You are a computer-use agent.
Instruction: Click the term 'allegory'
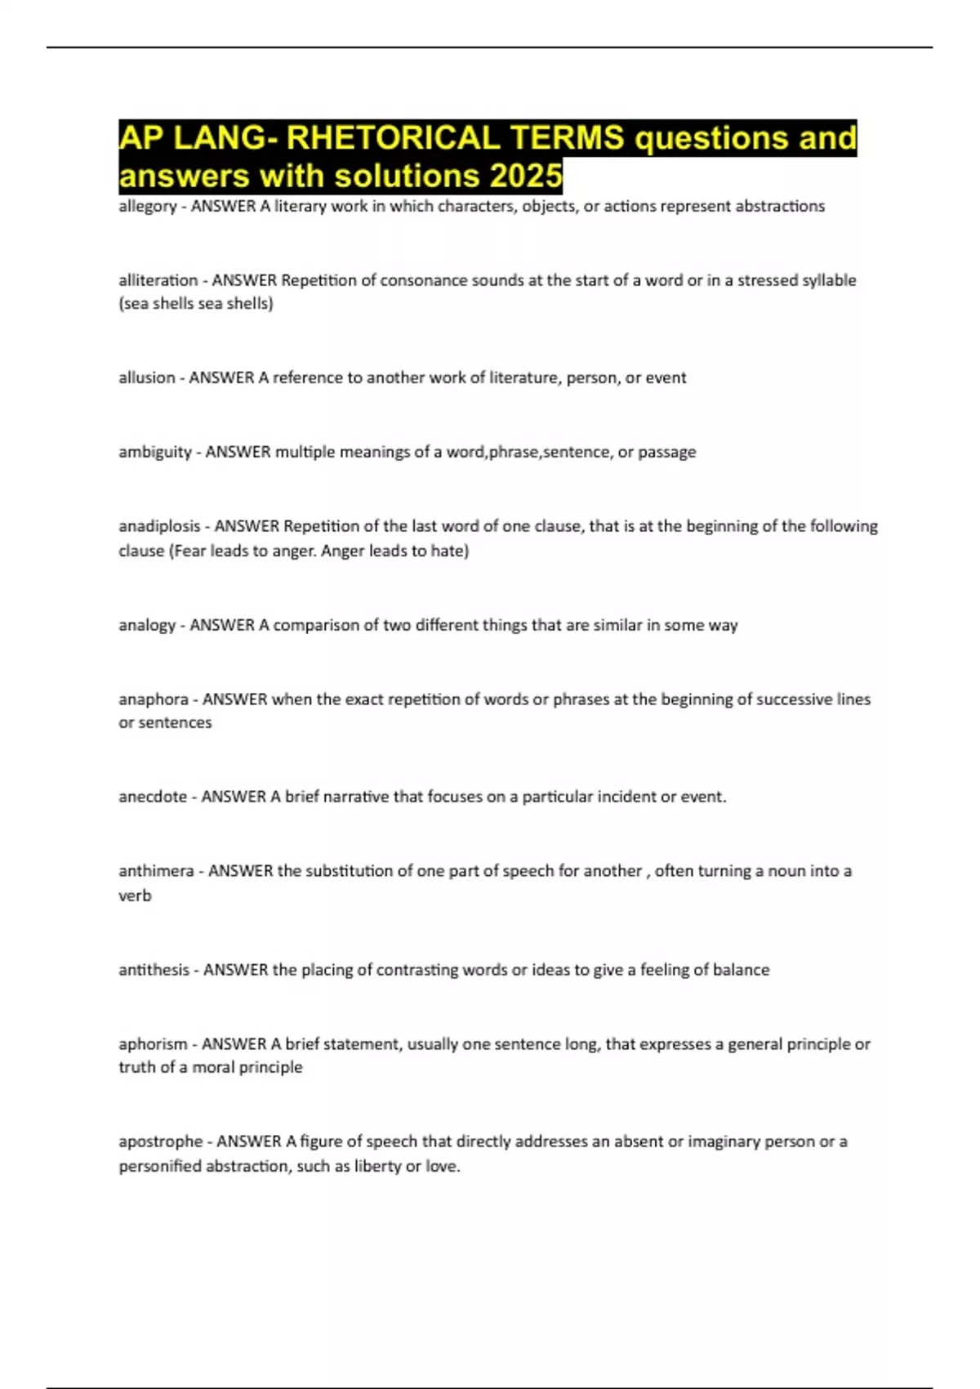coord(147,207)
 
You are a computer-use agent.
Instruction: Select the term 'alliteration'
coord(158,280)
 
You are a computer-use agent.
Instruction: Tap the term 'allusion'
coord(146,377)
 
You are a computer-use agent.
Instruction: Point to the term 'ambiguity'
coord(154,452)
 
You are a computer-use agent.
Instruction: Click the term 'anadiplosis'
coord(159,526)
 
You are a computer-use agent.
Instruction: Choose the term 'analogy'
coord(147,625)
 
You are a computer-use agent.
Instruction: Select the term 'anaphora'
coord(153,699)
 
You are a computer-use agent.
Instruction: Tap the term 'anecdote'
coord(153,797)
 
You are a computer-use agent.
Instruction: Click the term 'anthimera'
coord(156,871)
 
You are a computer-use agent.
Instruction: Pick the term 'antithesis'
coord(154,970)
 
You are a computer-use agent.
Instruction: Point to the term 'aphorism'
coord(153,1044)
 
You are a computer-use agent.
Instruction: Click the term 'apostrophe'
coord(160,1141)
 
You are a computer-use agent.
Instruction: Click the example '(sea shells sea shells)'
coord(196,304)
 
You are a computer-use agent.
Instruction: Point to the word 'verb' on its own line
coord(135,895)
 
